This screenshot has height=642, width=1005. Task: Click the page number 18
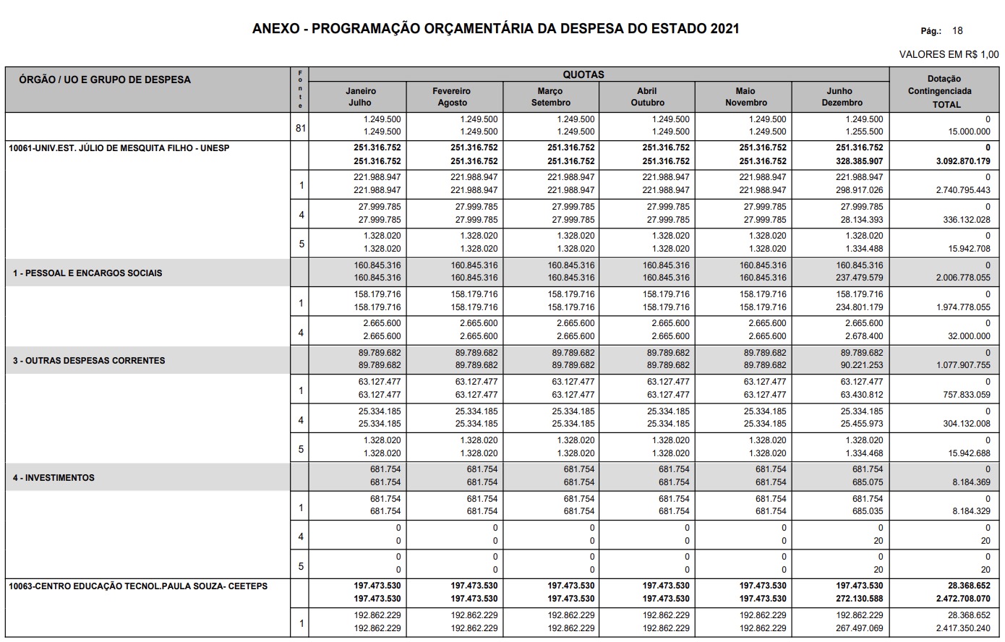pyautogui.click(x=957, y=31)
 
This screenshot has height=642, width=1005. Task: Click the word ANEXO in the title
pyautogui.click(x=275, y=29)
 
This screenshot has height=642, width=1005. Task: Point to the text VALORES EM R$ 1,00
pyautogui.click(x=949, y=54)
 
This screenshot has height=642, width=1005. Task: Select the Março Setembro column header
pyautogui.click(x=550, y=97)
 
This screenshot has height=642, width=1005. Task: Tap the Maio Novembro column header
pyautogui.click(x=745, y=97)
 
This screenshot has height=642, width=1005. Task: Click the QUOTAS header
pyautogui.click(x=583, y=74)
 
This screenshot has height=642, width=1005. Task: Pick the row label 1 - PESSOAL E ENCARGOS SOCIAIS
pyautogui.click(x=87, y=273)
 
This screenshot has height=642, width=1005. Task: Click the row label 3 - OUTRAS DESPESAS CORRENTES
pyautogui.click(x=89, y=360)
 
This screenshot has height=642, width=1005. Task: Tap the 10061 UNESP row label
pyautogui.click(x=119, y=147)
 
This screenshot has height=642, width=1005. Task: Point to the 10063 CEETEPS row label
pyautogui.click(x=138, y=586)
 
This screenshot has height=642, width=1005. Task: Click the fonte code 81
pyautogui.click(x=301, y=129)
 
